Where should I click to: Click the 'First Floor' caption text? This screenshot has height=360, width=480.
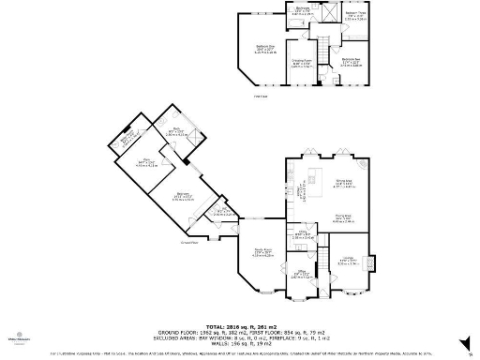tap(260, 94)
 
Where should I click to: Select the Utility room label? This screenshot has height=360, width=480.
tap(303, 234)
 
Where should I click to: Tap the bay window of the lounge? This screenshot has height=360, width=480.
tap(346, 292)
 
